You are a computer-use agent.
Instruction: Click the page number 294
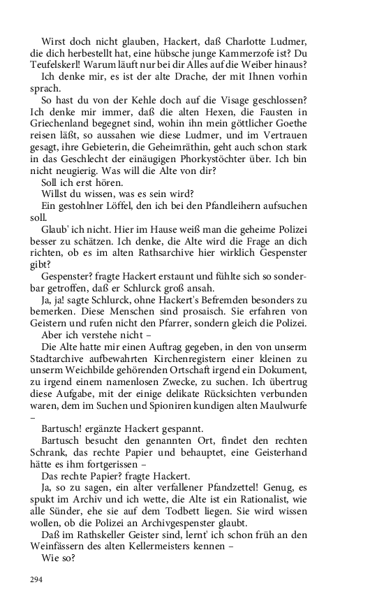[x=36, y=580]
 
